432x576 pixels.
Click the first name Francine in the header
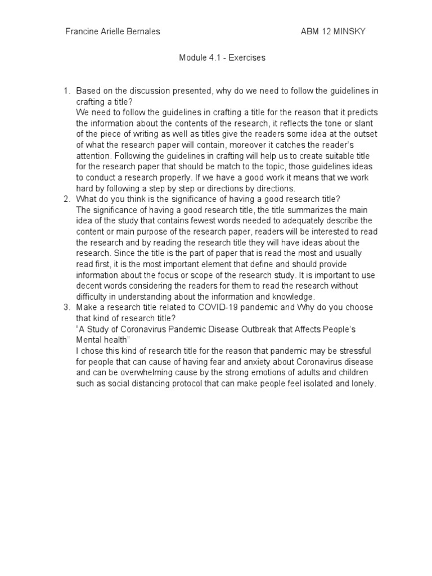pos(83,31)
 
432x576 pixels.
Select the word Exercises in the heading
pos(246,58)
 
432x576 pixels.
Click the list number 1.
pos(66,91)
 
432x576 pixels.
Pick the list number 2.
pos(66,199)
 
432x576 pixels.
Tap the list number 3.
pos(66,307)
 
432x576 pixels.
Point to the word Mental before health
pos(89,339)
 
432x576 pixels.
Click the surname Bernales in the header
pos(141,31)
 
